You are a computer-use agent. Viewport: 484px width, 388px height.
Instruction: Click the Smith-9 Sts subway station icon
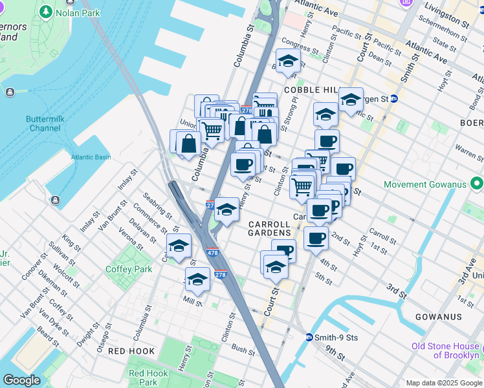(309, 337)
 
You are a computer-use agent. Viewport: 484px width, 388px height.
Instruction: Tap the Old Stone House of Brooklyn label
(445, 350)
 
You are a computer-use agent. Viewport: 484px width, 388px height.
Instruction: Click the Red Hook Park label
(149, 378)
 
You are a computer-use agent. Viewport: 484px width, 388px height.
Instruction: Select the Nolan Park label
(74, 12)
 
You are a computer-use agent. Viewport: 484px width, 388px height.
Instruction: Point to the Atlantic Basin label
(91, 156)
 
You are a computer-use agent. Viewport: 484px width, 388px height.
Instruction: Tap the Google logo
(21, 380)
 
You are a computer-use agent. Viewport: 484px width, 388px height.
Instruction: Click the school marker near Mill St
(197, 279)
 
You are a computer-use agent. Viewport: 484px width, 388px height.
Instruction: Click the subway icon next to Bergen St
(393, 99)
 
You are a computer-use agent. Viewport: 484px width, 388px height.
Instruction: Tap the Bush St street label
(243, 350)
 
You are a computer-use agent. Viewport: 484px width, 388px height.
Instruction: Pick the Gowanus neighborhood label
(457, 317)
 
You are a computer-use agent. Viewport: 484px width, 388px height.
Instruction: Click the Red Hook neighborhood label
(131, 351)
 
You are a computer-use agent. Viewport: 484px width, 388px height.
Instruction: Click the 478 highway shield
(212, 253)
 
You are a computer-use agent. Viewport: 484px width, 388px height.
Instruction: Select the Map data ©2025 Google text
(443, 383)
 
